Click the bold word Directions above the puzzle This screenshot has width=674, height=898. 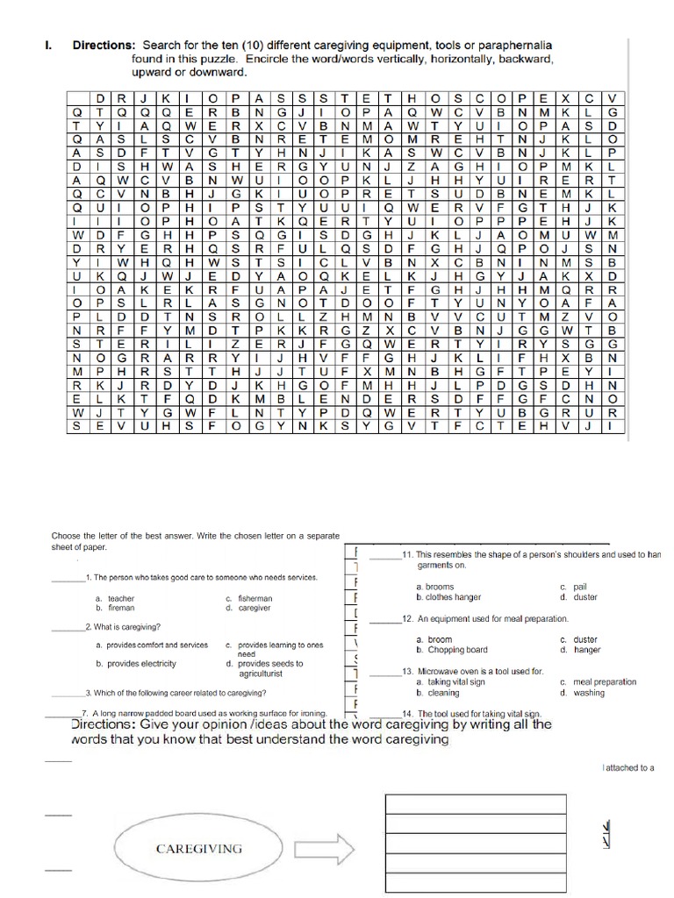click(x=103, y=45)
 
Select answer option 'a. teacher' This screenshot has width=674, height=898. click(x=115, y=599)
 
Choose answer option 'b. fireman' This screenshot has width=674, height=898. click(x=114, y=608)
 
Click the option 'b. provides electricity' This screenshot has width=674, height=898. click(x=136, y=664)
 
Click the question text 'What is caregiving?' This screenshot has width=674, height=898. click(x=126, y=627)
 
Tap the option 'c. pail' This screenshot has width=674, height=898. click(x=573, y=587)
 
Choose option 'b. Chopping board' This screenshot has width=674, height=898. click(x=451, y=650)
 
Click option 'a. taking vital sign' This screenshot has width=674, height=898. click(x=450, y=681)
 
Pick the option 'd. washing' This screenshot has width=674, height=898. click(x=582, y=693)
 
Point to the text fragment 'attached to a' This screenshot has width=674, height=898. click(x=628, y=767)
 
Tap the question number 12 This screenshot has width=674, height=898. click(x=406, y=619)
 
